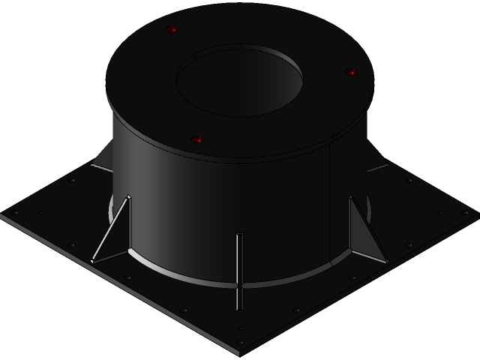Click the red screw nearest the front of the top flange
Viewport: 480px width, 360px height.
coord(197,139)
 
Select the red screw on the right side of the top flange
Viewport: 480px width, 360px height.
coord(349,72)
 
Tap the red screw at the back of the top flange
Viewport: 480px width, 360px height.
coord(172,30)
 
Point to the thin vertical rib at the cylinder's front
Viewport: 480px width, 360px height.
coord(239,270)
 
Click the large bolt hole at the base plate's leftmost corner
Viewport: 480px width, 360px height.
coord(15,213)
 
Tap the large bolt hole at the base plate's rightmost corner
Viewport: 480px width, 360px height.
coord(464,213)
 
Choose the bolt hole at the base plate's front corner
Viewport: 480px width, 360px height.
coord(240,343)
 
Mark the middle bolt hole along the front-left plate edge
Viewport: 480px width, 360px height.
coord(127,278)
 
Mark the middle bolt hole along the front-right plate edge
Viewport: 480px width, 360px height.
coord(352,278)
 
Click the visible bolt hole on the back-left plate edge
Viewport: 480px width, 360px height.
coord(71,180)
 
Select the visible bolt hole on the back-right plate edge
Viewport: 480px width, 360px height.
coord(409,180)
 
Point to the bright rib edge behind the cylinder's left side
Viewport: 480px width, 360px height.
coord(100,167)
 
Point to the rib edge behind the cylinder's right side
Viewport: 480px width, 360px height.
coord(378,167)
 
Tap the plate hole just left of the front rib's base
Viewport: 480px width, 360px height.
coord(184,310)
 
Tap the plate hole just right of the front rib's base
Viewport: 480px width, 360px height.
coord(296,310)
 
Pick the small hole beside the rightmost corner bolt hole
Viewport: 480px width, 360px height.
coord(440,213)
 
